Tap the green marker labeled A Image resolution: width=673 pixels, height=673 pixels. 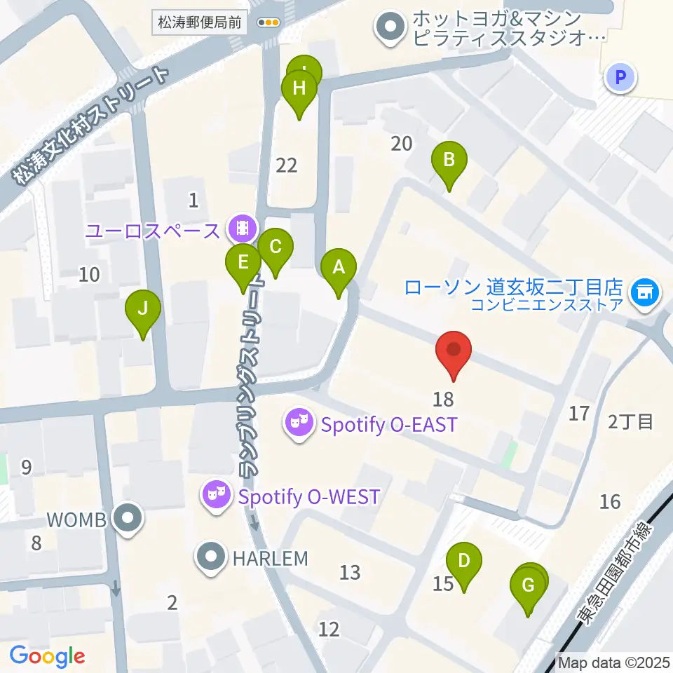click(339, 268)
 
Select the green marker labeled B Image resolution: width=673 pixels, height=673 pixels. click(449, 161)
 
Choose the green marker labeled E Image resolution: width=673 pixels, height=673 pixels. click(243, 264)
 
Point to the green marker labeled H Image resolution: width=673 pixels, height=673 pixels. click(299, 90)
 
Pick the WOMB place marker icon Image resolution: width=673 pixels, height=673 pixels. click(128, 519)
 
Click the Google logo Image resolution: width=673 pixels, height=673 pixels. click(47, 656)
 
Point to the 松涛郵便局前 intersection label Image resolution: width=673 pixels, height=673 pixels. click(198, 22)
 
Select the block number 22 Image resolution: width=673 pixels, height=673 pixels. click(287, 165)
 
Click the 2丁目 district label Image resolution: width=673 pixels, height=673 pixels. click(630, 421)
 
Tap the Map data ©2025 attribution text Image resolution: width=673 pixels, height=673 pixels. click(613, 662)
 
